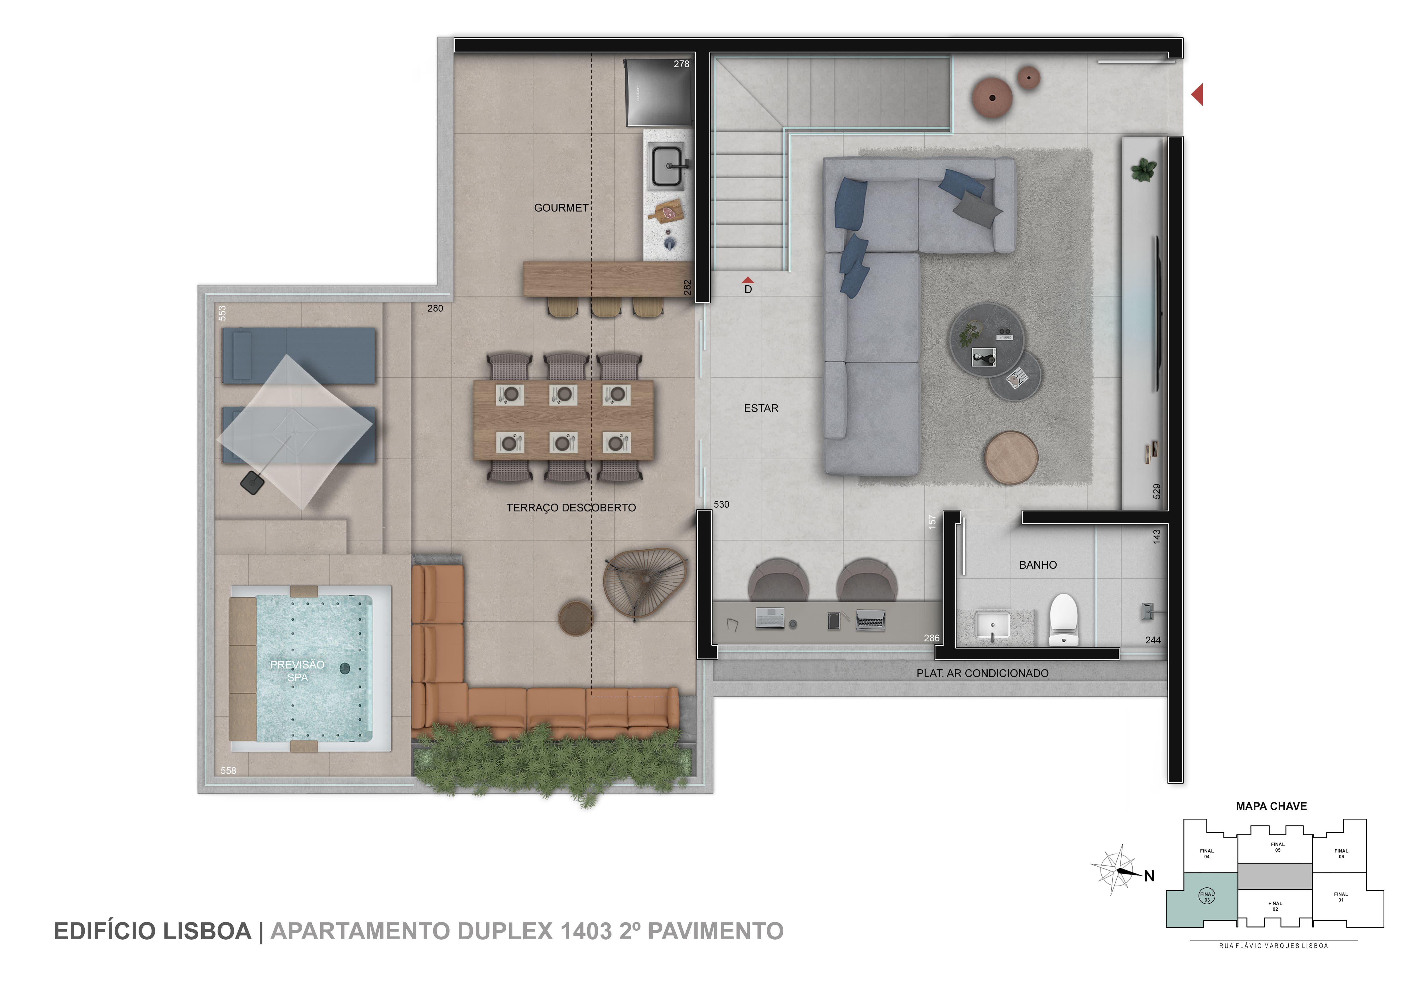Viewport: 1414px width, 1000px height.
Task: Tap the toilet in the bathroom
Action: click(x=1064, y=619)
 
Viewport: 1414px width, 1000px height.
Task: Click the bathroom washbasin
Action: click(x=992, y=626)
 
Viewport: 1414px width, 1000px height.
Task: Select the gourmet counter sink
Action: click(x=667, y=165)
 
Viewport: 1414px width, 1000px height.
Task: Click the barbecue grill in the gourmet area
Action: click(x=657, y=92)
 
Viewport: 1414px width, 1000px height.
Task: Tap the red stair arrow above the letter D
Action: click(x=748, y=280)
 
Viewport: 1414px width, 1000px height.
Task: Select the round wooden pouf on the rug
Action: click(x=1011, y=458)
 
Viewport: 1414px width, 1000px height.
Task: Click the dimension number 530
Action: click(x=721, y=504)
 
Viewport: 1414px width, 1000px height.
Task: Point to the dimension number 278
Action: click(x=681, y=64)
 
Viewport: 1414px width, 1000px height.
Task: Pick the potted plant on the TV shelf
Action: click(x=1144, y=169)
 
